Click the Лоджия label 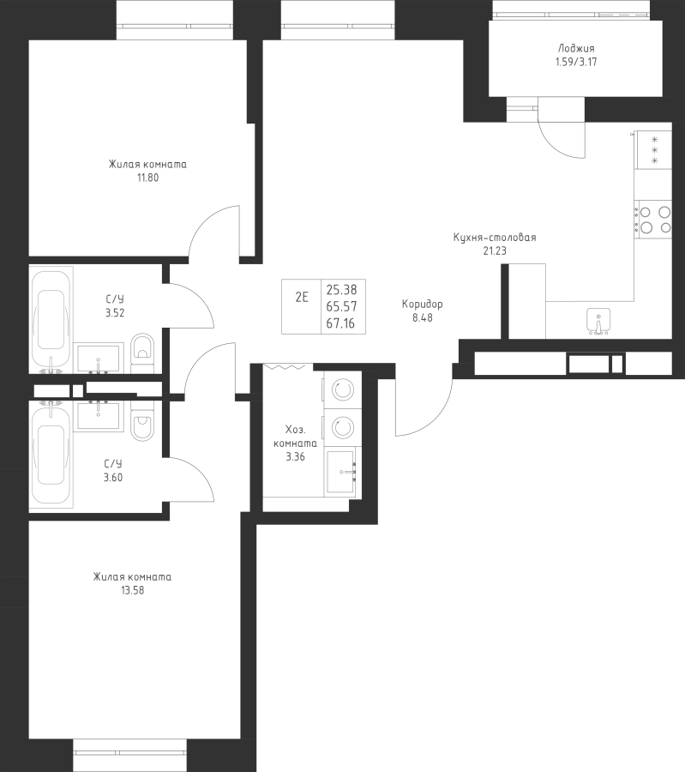coord(576,48)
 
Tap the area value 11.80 coord(147,178)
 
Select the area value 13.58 coord(132,590)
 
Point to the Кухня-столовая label coord(495,238)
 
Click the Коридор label coord(422,305)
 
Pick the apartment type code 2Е coord(302,297)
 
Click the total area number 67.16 coord(341,323)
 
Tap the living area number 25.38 coord(341,290)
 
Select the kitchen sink coord(598,321)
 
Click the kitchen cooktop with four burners coord(653,220)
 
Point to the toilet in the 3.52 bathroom coord(142,350)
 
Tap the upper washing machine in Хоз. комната coord(342,390)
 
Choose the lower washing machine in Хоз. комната coord(342,427)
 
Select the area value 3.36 coord(295,456)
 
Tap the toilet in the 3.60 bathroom coord(142,421)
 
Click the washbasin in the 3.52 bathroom coord(99,359)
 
